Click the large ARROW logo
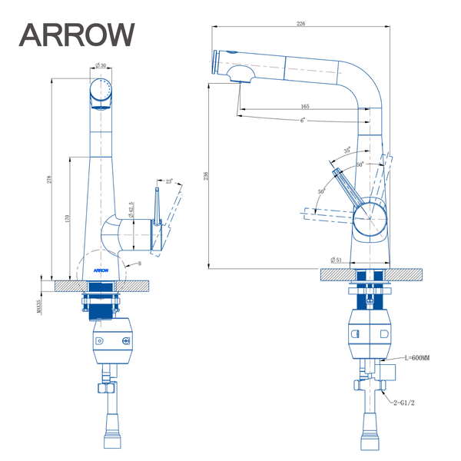[77, 35]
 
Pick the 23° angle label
[169, 182]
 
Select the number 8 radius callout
[140, 264]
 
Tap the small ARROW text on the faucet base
[101, 270]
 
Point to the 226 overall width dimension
[301, 25]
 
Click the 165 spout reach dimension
[305, 107]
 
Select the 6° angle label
[303, 121]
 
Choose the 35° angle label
[347, 150]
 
